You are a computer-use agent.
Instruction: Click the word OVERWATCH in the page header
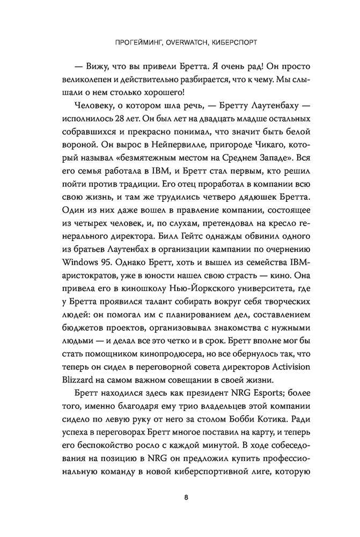pos(180,42)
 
